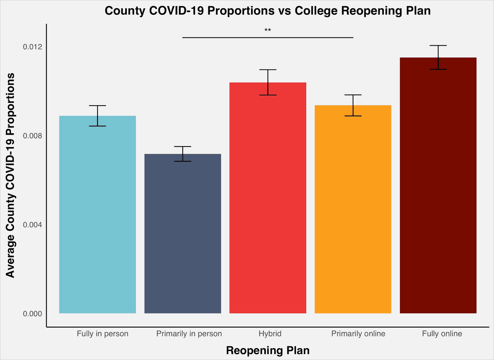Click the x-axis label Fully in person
click(x=103, y=334)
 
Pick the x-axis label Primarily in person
click(x=189, y=334)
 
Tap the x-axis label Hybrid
click(x=270, y=334)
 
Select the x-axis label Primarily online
click(x=358, y=334)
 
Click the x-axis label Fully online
click(x=442, y=334)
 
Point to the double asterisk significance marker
click(x=268, y=30)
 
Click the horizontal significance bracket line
click(x=268, y=37)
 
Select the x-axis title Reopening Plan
click(x=268, y=351)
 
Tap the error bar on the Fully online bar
click(x=438, y=57)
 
